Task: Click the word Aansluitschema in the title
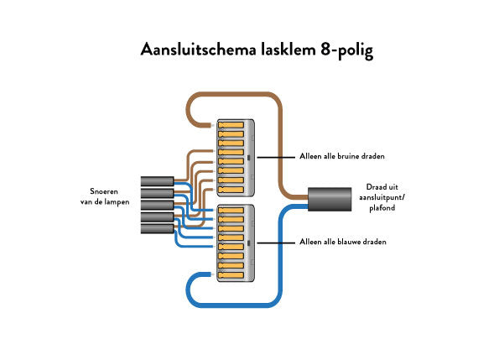[x=198, y=50]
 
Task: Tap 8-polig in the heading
[x=347, y=50]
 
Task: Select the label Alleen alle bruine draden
[x=342, y=156]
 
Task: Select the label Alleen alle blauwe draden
[x=343, y=242]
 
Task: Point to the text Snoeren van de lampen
[x=105, y=196]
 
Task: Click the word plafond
[x=382, y=208]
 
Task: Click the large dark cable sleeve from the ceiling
[x=330, y=199]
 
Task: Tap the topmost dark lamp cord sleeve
[x=157, y=181]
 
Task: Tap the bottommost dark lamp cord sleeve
[x=157, y=229]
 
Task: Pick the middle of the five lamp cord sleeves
[x=157, y=205]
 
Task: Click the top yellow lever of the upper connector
[x=231, y=125]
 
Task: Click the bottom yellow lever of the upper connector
[x=231, y=190]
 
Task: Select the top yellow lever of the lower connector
[x=231, y=210]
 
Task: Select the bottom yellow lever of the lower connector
[x=231, y=274]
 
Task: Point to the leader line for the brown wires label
[x=276, y=157]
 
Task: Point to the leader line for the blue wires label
[x=276, y=243]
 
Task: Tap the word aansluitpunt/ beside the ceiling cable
[x=382, y=197]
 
